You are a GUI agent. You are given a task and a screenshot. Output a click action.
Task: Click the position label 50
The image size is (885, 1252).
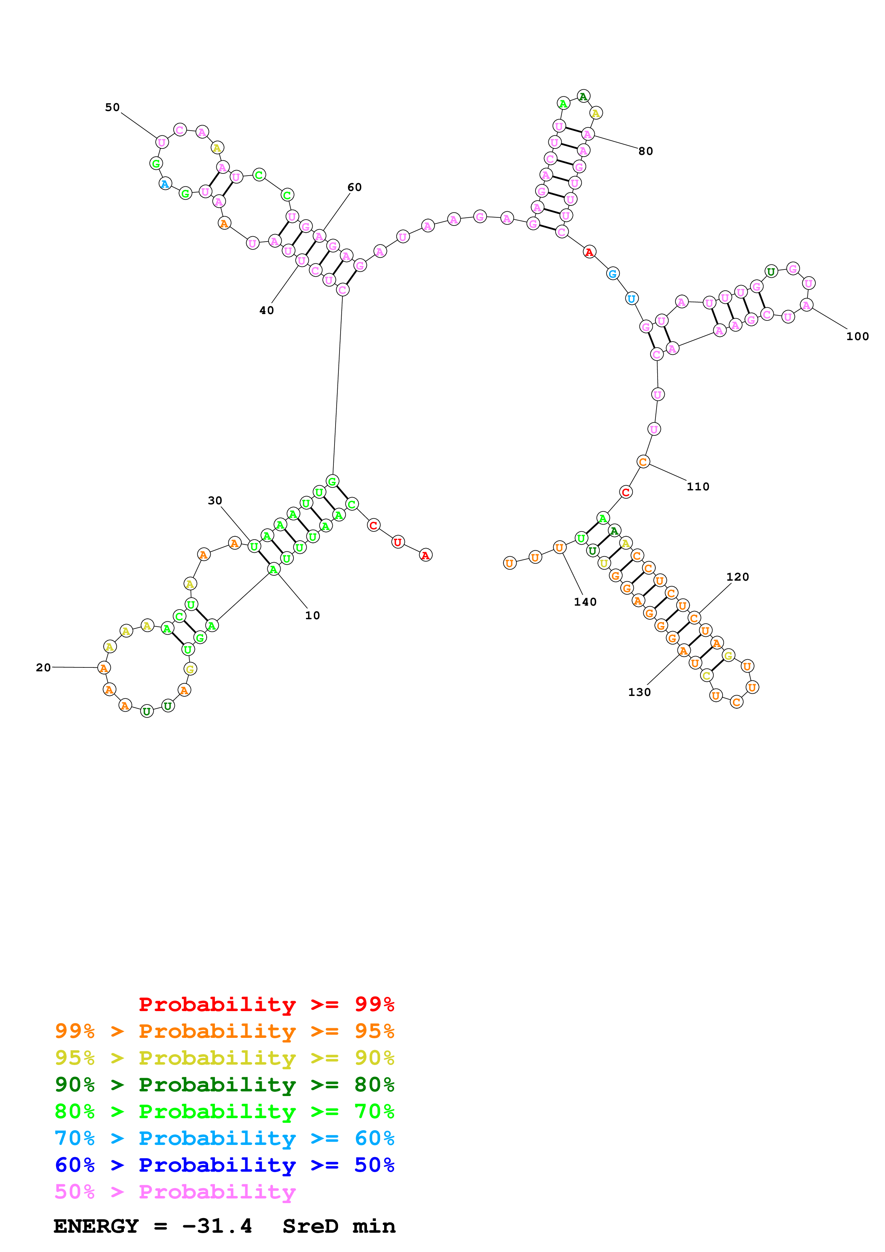tap(112, 107)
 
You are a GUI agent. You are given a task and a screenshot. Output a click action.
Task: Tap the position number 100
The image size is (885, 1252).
tap(857, 337)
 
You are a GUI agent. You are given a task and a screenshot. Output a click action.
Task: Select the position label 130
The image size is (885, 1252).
tap(639, 692)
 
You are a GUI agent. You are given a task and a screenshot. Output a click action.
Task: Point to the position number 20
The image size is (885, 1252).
tap(43, 667)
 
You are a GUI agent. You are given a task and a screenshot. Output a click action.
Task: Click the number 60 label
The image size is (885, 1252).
tap(354, 187)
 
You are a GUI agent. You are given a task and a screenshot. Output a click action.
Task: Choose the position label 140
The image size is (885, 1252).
tap(585, 602)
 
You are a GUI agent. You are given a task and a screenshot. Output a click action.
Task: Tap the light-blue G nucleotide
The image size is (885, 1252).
tap(612, 274)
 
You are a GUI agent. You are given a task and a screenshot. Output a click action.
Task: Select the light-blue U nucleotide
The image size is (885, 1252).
tap(632, 299)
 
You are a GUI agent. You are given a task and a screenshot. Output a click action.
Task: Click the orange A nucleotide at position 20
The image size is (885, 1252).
tap(104, 667)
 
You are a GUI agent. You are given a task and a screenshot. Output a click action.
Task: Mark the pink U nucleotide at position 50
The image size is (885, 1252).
tap(161, 142)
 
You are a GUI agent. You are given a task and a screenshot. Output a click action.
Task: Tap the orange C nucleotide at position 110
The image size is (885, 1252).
tap(643, 462)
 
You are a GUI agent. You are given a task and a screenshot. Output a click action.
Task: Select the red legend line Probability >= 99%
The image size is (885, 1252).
tap(266, 1004)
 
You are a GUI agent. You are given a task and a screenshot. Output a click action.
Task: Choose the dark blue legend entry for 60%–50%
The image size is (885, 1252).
tap(224, 1165)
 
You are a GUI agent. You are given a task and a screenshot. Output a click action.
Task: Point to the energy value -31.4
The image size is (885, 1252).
tap(217, 1226)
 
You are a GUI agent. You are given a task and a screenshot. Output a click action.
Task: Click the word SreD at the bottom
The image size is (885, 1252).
tap(310, 1226)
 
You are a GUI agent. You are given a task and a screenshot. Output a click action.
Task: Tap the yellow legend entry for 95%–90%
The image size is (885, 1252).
tap(224, 1057)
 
